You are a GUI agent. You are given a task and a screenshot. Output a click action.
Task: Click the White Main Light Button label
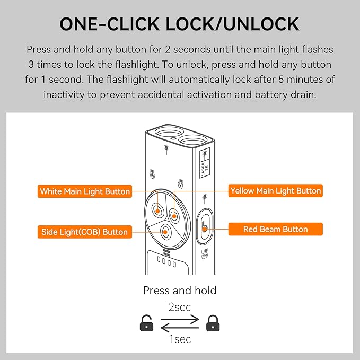pyautogui.click(x=85, y=191)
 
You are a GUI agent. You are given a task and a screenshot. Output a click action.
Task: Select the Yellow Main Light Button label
pyautogui.click(x=276, y=190)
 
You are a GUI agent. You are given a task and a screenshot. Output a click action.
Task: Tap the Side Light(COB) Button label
pyautogui.click(x=85, y=232)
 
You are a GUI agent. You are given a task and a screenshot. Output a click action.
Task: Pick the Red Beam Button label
pyautogui.click(x=276, y=229)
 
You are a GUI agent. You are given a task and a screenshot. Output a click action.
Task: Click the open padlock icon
pyautogui.click(x=146, y=323)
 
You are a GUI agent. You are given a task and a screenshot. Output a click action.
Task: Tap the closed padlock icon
pyautogui.click(x=213, y=323)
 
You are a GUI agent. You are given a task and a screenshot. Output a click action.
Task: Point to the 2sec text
pyautogui.click(x=180, y=307)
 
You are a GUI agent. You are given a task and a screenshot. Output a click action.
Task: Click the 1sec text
pyautogui.click(x=180, y=339)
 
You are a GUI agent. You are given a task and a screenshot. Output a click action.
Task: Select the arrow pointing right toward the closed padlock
pyautogui.click(x=180, y=319)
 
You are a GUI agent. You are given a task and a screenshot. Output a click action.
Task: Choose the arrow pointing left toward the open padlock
pyautogui.click(x=180, y=328)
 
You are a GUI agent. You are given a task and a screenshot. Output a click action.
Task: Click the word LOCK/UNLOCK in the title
pyautogui.click(x=232, y=24)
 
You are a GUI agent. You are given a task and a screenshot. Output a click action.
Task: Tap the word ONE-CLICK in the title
pyautogui.click(x=110, y=24)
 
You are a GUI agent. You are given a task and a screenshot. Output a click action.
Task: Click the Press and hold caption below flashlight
pyautogui.click(x=180, y=291)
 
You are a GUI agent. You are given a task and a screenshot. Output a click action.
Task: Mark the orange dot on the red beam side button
pyautogui.click(x=205, y=229)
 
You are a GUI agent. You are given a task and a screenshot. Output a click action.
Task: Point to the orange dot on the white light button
pyautogui.click(x=157, y=211)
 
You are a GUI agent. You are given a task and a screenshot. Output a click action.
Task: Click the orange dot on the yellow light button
pyautogui.click(x=174, y=216)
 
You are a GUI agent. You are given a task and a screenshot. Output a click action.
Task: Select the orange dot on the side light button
pyautogui.click(x=165, y=232)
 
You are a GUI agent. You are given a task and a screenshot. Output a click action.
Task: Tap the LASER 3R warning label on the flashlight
pyautogui.click(x=205, y=163)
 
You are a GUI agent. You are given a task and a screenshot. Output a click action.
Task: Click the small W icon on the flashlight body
pyautogui.click(x=153, y=174)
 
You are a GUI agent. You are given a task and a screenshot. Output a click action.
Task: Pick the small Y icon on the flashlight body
pyautogui.click(x=180, y=183)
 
